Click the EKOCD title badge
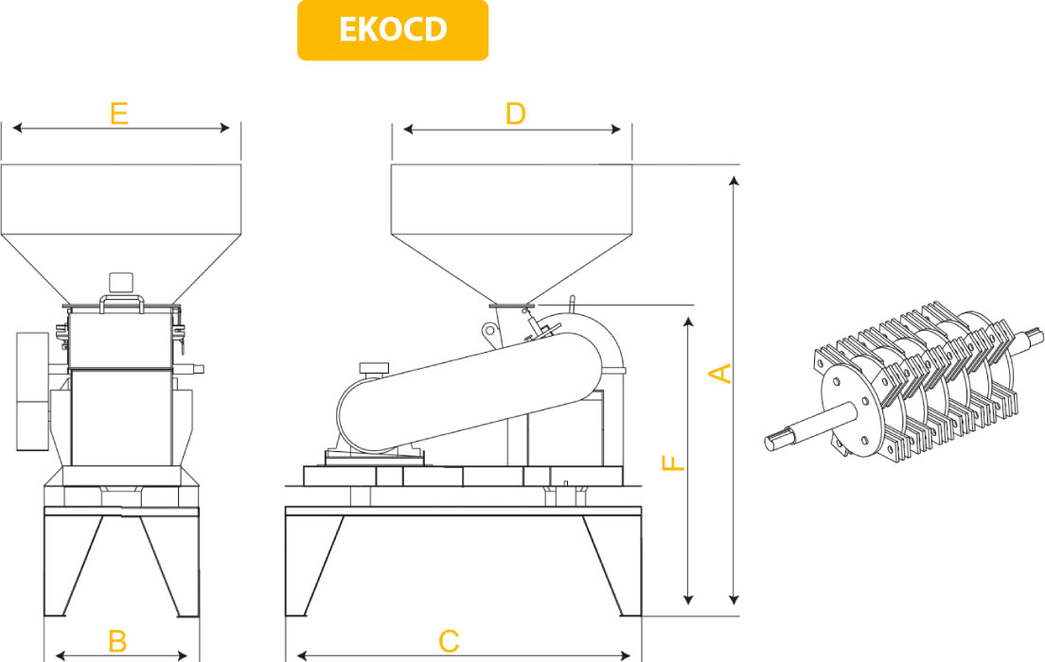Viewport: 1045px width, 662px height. [393, 30]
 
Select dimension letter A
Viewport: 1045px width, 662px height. [721, 373]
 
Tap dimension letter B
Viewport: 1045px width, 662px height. [117, 642]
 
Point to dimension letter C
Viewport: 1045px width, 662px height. [450, 642]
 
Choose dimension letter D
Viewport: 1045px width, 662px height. [515, 114]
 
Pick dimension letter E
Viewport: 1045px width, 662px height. [118, 114]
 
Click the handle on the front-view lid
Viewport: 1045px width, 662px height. [121, 301]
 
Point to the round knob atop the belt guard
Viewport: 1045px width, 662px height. [373, 366]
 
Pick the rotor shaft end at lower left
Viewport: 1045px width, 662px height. [780, 438]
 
